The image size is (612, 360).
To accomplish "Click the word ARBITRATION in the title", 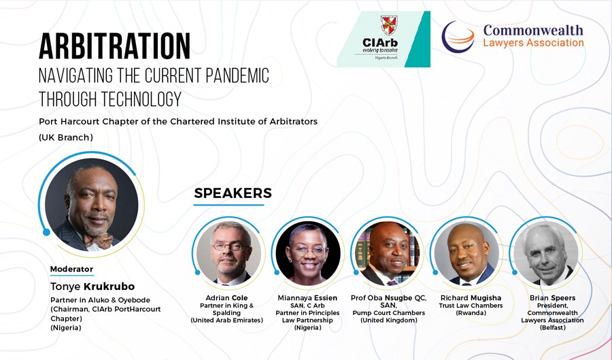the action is tap(115, 46).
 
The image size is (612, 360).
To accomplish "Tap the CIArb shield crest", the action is tap(389, 24).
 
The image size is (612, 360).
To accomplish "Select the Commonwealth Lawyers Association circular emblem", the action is tap(458, 37).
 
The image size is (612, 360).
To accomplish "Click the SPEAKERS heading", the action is tap(233, 193).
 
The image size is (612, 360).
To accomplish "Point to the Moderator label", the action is tap(71, 269).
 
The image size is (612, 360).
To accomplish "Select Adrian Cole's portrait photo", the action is tap(228, 253).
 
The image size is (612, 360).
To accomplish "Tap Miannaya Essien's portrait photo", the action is tap(308, 253).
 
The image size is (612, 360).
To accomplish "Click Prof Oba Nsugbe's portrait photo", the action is tap(388, 253).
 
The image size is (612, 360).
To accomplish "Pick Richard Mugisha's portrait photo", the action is tap(466, 253).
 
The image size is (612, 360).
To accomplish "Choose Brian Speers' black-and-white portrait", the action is tap(546, 253).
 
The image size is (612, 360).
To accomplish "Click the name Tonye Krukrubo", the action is tap(92, 287).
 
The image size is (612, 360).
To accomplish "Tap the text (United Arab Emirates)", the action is tap(226, 320).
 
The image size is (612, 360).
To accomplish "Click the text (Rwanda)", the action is tap(471, 313).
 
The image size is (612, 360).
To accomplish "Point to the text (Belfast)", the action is tap(553, 327).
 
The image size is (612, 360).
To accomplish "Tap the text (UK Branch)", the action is tap(66, 137).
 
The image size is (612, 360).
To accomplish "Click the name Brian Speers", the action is tap(552, 298).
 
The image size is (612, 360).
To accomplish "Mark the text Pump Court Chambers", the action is tap(389, 313).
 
